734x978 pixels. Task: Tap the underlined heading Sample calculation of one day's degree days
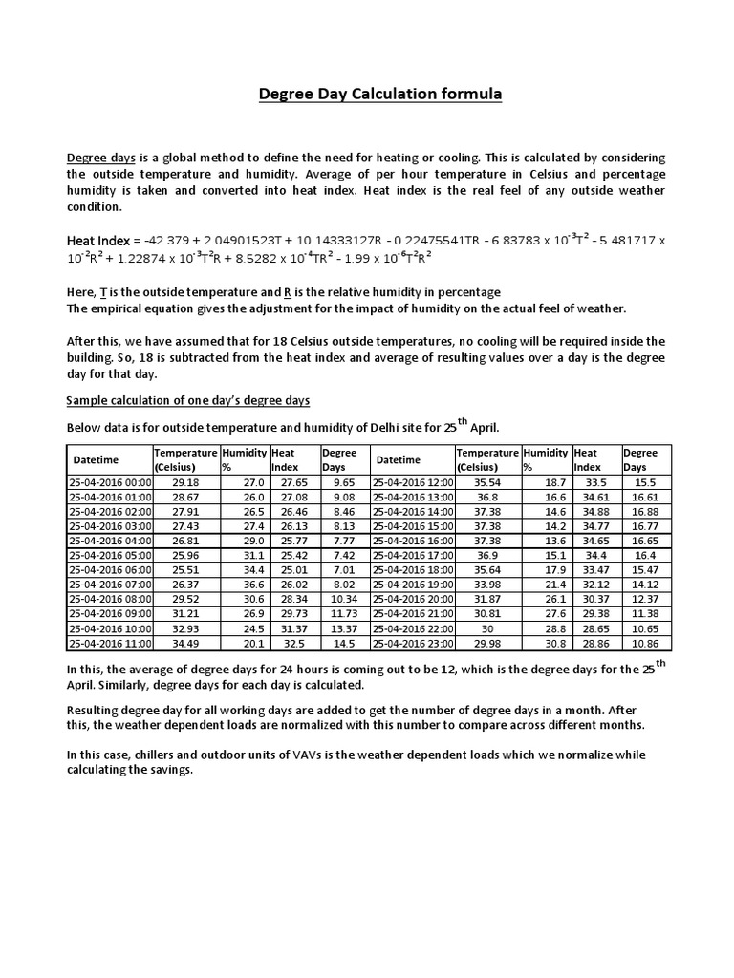click(x=187, y=399)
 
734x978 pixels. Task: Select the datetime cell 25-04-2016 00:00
click(x=110, y=483)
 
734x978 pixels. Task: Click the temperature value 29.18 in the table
click(x=184, y=483)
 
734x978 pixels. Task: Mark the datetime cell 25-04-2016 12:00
click(x=413, y=483)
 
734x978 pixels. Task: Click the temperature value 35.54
click(x=487, y=483)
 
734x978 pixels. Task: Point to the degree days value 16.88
click(x=646, y=512)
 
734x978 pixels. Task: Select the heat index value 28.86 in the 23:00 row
click(x=595, y=645)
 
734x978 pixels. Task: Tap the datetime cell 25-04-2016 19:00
click(x=413, y=584)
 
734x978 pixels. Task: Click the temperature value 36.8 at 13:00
click(x=487, y=498)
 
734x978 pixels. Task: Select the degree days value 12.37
click(x=646, y=598)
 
